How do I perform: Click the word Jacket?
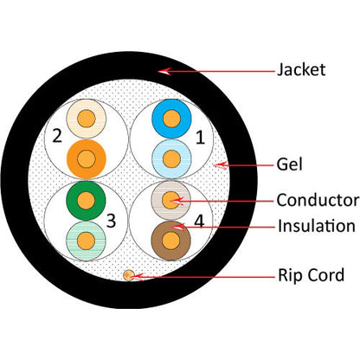click(301, 69)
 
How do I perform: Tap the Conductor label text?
click(317, 200)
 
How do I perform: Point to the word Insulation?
click(316, 226)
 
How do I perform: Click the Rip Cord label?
click(310, 275)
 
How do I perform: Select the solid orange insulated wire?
click(87, 158)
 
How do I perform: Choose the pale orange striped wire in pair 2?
click(87, 119)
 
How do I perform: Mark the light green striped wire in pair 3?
click(86, 239)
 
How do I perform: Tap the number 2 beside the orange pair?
click(56, 136)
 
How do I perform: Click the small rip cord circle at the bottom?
click(129, 275)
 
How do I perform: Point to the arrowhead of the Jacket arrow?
click(161, 71)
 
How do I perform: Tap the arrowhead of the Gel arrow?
click(218, 163)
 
